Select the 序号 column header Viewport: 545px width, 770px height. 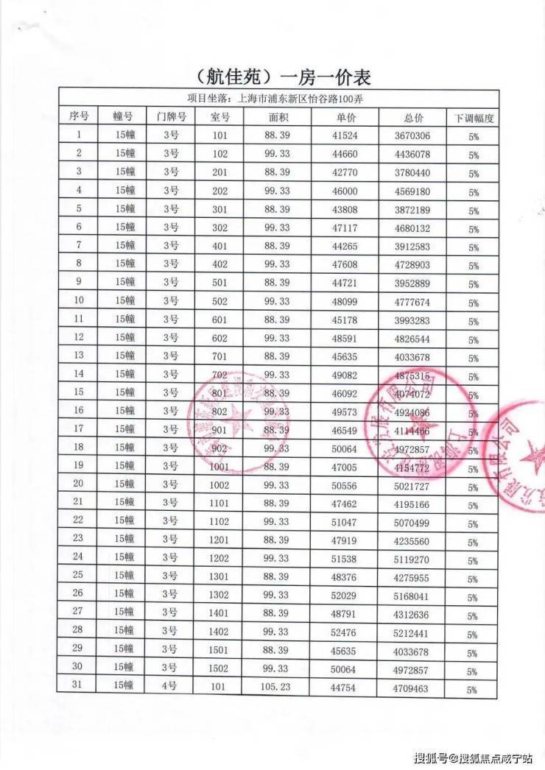click(79, 116)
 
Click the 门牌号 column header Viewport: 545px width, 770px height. click(171, 116)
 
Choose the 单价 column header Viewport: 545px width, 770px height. click(346, 117)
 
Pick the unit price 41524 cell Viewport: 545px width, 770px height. click(345, 135)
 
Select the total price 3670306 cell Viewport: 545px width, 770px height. click(412, 136)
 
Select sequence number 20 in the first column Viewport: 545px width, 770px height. click(79, 484)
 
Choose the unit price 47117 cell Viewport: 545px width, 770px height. click(345, 228)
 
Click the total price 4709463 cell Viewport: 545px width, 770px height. click(412, 688)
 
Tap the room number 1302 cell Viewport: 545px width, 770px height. click(219, 594)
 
